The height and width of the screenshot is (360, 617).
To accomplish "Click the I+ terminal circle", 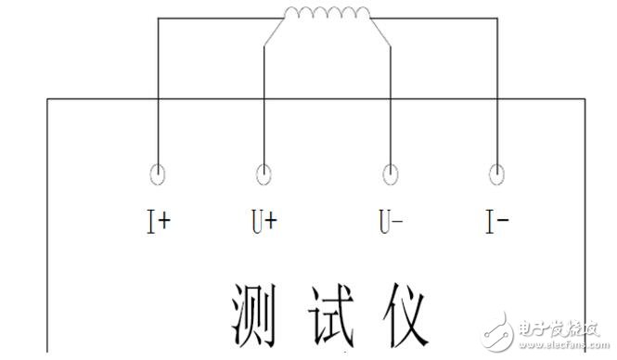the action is (159, 174).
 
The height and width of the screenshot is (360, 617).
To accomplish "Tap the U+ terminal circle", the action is (264, 174).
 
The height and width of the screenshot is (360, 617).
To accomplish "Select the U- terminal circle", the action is (391, 174).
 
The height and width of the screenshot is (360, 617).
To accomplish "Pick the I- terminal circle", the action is (497, 174).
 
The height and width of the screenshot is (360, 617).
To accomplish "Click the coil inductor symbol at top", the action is (326, 13).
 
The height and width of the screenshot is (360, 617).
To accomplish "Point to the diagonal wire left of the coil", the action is (275, 32).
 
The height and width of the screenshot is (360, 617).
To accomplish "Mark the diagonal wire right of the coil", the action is (380, 32).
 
